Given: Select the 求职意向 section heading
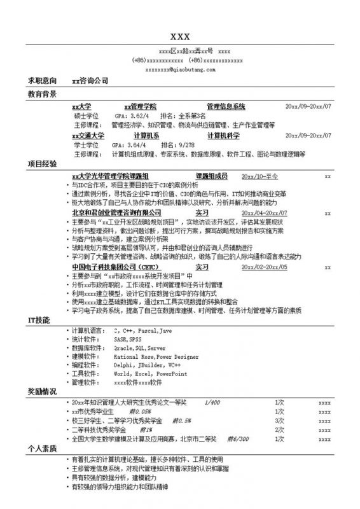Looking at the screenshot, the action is [x=42, y=81].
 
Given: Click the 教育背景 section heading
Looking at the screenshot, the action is [x=42, y=94].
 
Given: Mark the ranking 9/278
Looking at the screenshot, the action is [x=186, y=145].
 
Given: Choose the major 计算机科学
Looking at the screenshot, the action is [x=223, y=136].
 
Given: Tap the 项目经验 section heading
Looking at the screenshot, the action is [x=42, y=164].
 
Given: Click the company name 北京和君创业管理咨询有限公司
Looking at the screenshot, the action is [x=116, y=213].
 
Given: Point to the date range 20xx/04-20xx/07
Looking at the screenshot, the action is [x=265, y=213].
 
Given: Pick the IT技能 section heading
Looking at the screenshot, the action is [x=39, y=319].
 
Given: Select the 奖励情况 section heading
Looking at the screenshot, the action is [x=42, y=390].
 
